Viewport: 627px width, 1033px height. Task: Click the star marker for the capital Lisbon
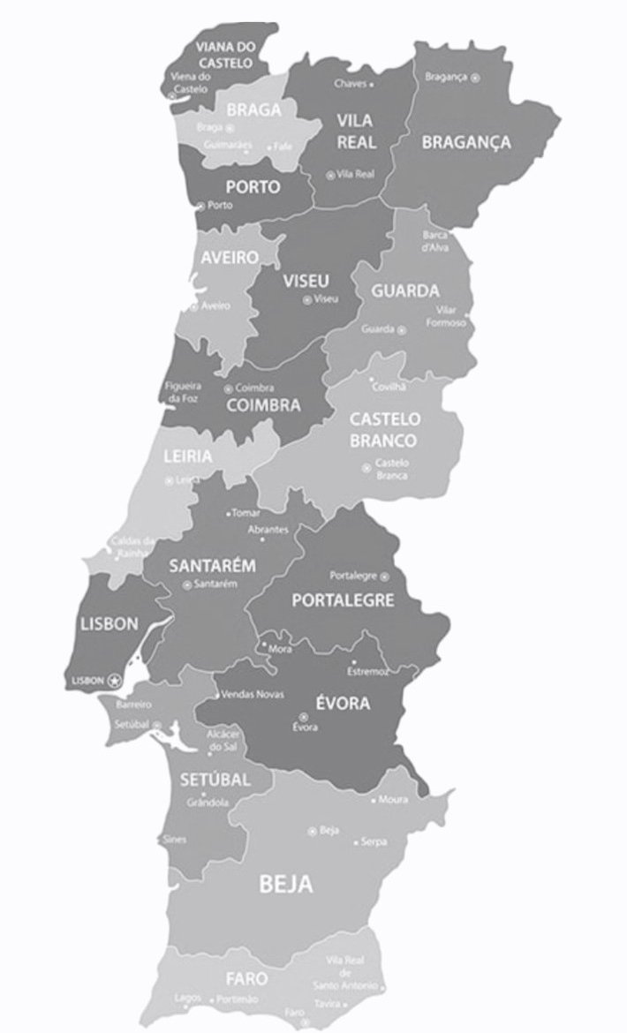114,681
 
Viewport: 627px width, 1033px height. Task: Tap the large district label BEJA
286,885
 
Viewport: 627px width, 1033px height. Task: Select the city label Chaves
349,84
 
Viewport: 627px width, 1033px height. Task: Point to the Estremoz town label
367,672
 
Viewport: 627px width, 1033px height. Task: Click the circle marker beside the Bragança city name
476,78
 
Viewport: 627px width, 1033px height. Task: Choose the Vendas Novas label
253,694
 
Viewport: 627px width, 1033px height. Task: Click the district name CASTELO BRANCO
384,429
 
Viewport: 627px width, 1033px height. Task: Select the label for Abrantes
268,529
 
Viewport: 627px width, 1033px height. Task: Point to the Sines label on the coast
175,840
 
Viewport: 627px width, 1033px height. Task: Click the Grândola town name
208,803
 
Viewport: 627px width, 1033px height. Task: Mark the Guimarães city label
228,145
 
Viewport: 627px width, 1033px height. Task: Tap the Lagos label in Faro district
187,998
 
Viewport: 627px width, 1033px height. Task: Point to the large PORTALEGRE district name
343,600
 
